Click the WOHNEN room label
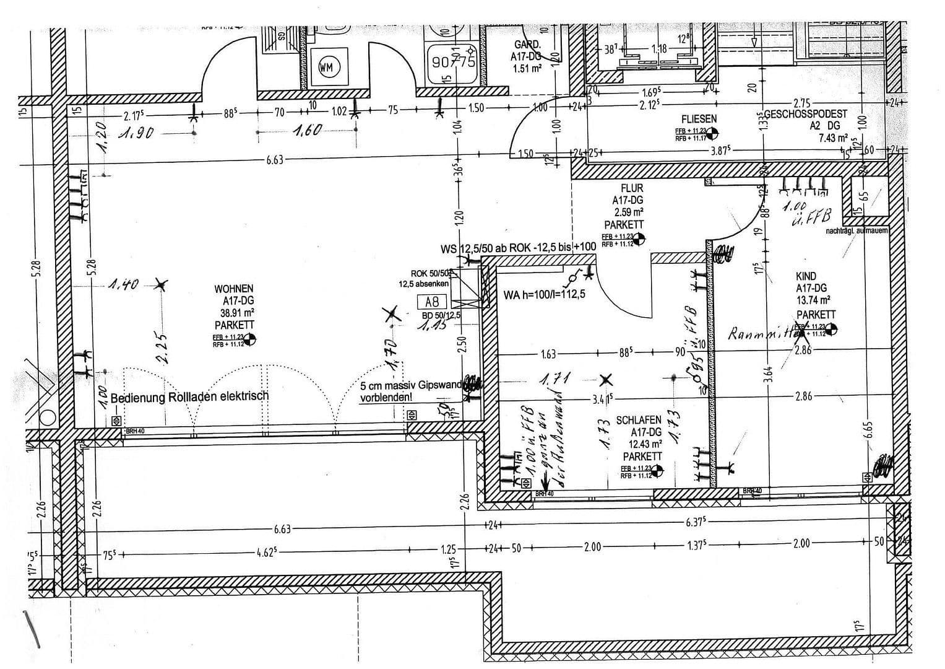point(234,289)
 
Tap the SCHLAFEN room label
point(639,420)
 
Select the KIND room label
point(806,276)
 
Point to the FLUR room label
point(632,188)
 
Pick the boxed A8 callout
point(432,302)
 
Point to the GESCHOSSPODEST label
point(806,115)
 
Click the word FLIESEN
point(699,118)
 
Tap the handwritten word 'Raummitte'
point(760,334)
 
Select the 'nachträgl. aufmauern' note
point(857,231)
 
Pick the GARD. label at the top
point(527,45)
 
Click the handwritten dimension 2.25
point(162,349)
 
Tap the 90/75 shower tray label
point(452,62)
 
